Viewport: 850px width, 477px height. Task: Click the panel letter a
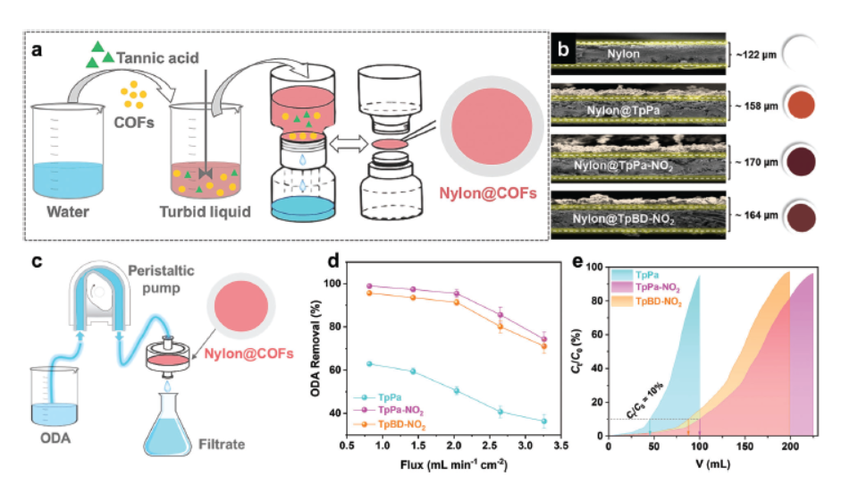(x=38, y=50)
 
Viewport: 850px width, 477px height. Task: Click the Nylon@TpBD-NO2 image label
(x=636, y=217)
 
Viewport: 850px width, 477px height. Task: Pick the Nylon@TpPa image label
(x=636, y=110)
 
